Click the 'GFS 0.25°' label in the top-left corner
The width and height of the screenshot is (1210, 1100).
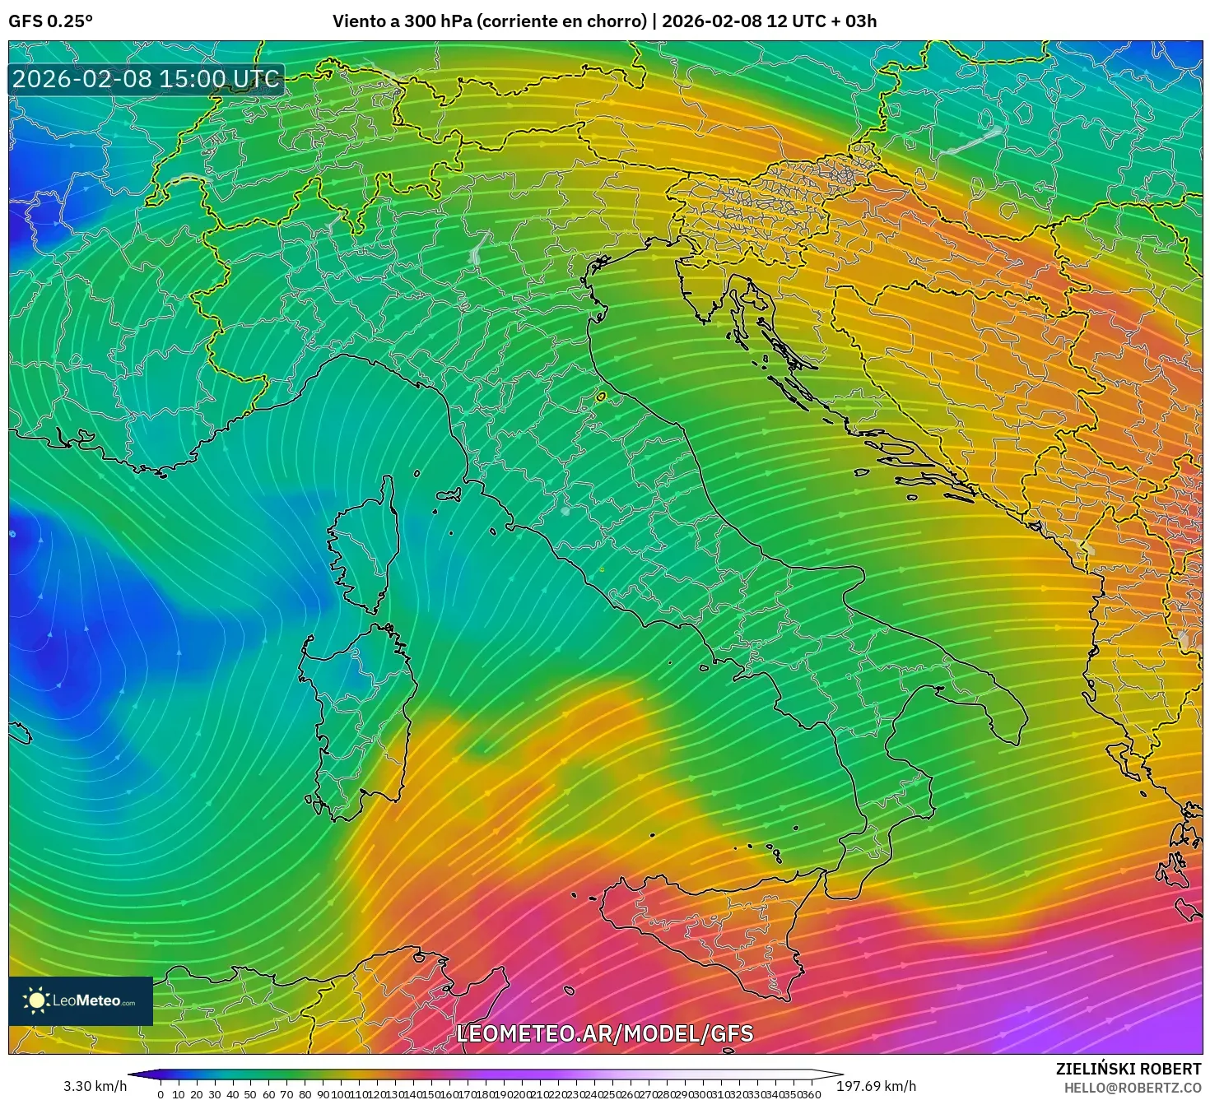(51, 21)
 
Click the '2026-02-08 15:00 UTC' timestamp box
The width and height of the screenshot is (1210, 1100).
(146, 79)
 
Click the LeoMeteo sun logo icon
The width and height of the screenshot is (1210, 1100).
(36, 1000)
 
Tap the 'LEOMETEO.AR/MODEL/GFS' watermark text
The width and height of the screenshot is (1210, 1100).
(604, 1033)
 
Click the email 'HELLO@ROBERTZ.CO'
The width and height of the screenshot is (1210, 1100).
(1132, 1088)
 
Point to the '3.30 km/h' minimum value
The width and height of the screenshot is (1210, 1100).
(95, 1086)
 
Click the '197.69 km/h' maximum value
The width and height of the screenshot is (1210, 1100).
(876, 1086)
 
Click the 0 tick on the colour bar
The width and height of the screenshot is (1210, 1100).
(161, 1094)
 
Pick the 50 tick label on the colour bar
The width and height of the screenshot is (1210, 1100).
(250, 1094)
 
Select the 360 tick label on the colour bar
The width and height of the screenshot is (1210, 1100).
(811, 1094)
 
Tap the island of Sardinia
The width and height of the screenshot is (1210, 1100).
(358, 716)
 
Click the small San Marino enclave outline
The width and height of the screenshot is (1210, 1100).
(601, 397)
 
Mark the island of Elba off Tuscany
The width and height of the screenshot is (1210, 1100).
(449, 495)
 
